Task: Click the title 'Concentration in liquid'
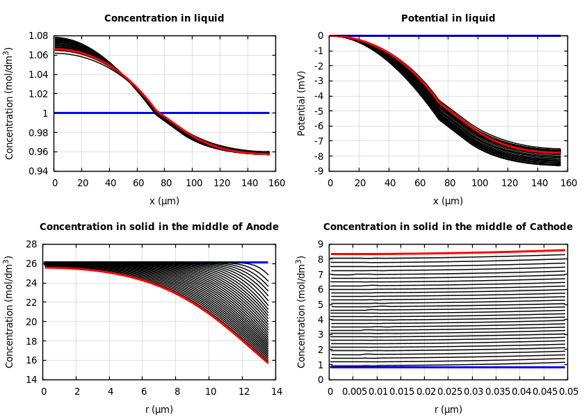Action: (164, 19)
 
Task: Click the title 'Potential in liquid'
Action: (448, 19)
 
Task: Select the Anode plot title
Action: (159, 227)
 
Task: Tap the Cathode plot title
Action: (448, 227)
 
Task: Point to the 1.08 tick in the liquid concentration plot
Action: (37, 35)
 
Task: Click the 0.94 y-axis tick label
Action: (37, 171)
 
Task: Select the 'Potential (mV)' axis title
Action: (302, 103)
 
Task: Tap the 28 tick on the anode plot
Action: (31, 244)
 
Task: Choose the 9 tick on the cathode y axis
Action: (320, 244)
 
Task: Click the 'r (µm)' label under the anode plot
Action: (159, 409)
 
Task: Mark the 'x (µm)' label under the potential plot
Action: (448, 201)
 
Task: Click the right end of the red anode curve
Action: (267, 362)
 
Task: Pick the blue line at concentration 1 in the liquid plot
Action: (160, 113)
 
